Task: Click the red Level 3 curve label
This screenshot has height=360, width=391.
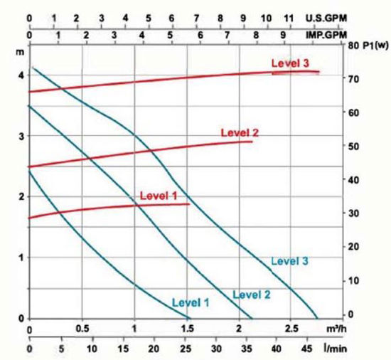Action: [290, 64]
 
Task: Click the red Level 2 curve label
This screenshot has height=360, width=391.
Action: [240, 132]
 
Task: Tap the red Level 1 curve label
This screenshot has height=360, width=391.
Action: [158, 195]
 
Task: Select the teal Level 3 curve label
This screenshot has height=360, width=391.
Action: [289, 261]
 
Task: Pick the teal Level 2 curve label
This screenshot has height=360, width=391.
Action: [252, 295]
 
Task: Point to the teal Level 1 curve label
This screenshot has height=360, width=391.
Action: [191, 302]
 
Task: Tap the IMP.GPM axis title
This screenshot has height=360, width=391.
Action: [346, 33]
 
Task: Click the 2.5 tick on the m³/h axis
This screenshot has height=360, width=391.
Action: [291, 330]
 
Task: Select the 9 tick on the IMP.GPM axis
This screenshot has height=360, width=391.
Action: [284, 33]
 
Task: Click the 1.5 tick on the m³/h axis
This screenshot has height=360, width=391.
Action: [187, 330]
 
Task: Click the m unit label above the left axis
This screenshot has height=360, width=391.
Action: [21, 52]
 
